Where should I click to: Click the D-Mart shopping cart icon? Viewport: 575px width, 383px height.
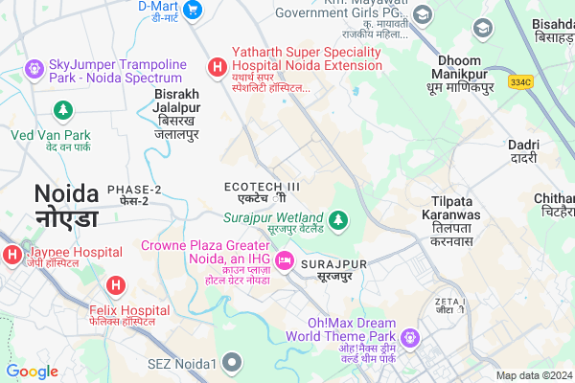coord(193,10)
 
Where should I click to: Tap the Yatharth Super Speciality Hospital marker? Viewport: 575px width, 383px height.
coord(218,67)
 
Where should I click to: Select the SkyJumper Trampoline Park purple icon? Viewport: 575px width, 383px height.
coord(34,68)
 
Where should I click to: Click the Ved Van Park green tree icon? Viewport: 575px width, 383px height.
coord(63,111)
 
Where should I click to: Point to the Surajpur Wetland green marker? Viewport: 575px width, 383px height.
coord(337,221)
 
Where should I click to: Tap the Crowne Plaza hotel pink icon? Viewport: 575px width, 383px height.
coord(284,260)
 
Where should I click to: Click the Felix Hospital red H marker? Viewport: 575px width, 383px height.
coord(115,284)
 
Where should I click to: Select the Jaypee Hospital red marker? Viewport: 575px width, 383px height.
coord(11,255)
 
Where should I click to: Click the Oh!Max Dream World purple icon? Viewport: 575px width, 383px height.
coord(410,338)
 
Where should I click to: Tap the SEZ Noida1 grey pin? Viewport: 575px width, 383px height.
coord(231,362)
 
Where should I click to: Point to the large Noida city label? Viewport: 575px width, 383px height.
coord(66,204)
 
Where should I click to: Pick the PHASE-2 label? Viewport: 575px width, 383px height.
coord(134,194)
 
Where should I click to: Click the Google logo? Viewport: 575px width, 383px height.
coord(33,372)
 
